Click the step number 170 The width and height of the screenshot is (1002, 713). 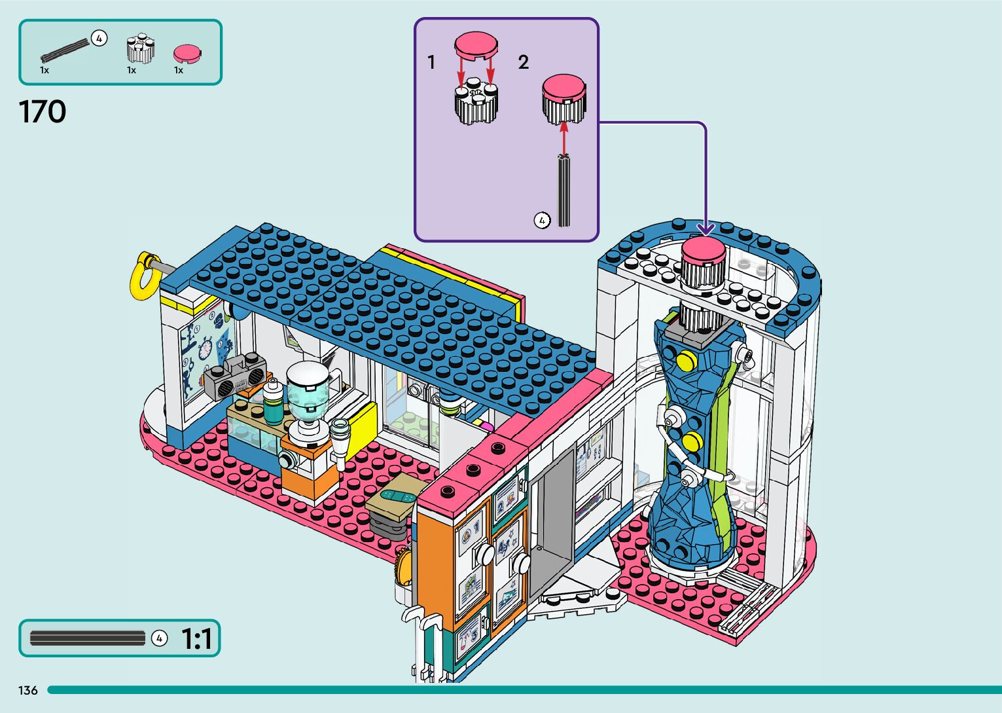(43, 112)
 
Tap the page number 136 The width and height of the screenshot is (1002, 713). (28, 690)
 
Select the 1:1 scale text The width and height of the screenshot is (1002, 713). (196, 638)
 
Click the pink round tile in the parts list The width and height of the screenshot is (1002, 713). (187, 53)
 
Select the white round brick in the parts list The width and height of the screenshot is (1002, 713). (140, 48)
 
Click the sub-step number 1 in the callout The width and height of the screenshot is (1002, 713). (431, 62)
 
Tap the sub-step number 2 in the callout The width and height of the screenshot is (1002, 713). (523, 62)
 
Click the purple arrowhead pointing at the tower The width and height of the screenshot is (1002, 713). (706, 229)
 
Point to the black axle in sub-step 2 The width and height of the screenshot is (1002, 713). (564, 189)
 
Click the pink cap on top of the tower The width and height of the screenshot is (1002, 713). (704, 250)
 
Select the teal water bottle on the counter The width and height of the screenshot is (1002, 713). (273, 402)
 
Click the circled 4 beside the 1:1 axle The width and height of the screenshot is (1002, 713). (159, 638)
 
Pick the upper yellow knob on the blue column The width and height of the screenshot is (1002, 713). (685, 360)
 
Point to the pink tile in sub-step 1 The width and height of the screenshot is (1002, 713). (476, 43)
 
